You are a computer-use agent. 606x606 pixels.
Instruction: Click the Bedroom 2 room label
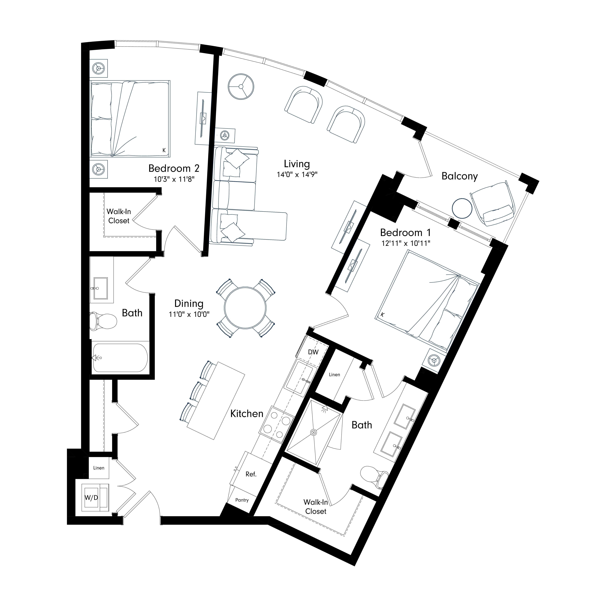click(x=174, y=168)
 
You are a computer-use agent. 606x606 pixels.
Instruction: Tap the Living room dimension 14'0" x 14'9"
click(x=297, y=174)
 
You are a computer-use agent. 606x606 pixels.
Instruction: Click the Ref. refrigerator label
click(x=251, y=474)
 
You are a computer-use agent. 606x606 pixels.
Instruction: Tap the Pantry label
click(x=242, y=500)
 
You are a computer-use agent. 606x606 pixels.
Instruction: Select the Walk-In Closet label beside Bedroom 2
click(x=119, y=216)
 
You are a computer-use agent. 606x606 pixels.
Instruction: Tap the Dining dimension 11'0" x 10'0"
click(x=189, y=314)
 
